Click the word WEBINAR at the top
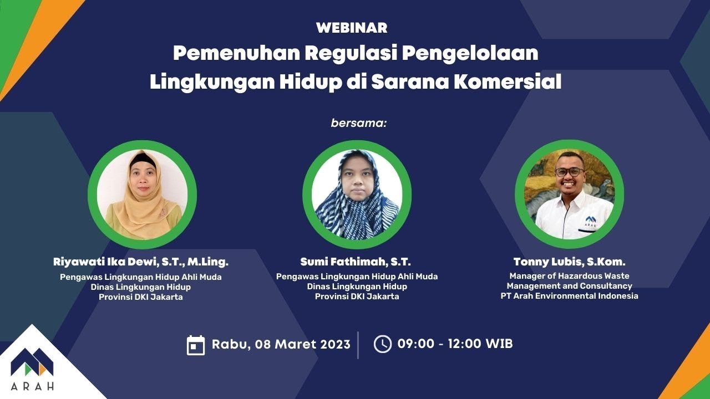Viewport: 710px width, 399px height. click(352, 28)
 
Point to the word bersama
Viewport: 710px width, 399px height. click(358, 122)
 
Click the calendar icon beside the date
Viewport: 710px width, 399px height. click(196, 345)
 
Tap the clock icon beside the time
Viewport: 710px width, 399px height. click(383, 344)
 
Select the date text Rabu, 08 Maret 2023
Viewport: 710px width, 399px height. click(281, 344)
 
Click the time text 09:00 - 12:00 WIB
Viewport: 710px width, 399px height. click(455, 344)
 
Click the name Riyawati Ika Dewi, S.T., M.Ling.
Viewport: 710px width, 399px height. click(141, 262)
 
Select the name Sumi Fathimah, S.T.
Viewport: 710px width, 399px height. click(356, 262)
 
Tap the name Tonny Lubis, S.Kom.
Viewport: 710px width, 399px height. click(569, 262)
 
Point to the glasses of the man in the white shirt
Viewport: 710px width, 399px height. click(569, 172)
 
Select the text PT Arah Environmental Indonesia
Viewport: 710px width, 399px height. click(569, 296)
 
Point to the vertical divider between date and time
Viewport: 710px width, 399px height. click(358, 345)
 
